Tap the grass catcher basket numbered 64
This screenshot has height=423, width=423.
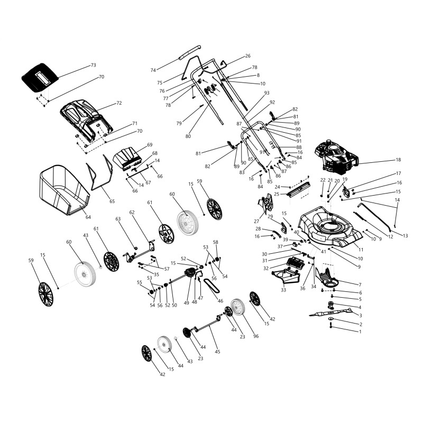pyautogui.click(x=65, y=190)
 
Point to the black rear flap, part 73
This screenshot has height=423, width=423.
pyautogui.click(x=40, y=77)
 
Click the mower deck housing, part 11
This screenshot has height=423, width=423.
pyautogui.click(x=330, y=227)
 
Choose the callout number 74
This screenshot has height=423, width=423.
pyautogui.click(x=153, y=70)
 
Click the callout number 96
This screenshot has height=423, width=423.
pyautogui.click(x=256, y=336)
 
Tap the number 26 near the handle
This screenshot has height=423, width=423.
pyautogui.click(x=247, y=56)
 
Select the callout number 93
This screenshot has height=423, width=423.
pyautogui.click(x=267, y=93)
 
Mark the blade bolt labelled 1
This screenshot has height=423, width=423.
pyautogui.click(x=331, y=326)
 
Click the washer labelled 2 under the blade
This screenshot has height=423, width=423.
pyautogui.click(x=331, y=320)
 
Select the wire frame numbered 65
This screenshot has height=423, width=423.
pyautogui.click(x=99, y=172)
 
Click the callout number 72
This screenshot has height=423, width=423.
pyautogui.click(x=119, y=103)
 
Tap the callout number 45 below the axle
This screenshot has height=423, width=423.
pyautogui.click(x=217, y=352)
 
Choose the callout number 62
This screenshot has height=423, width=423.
pyautogui.click(x=132, y=213)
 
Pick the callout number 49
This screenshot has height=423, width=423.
pyautogui.click(x=187, y=303)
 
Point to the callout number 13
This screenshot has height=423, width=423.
pyautogui.click(x=405, y=236)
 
